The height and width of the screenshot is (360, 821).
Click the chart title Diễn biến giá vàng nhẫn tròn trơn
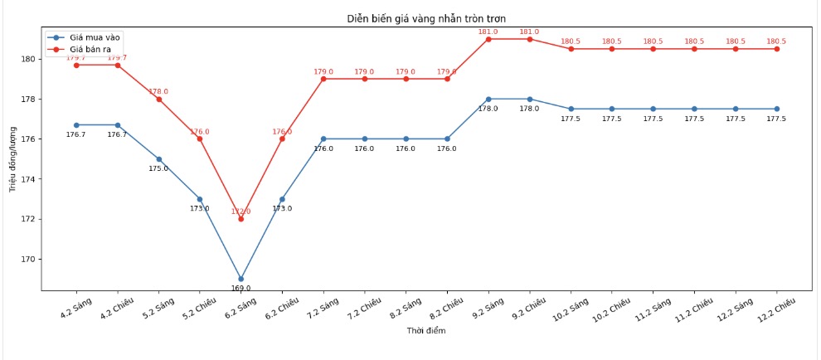[x=425, y=18]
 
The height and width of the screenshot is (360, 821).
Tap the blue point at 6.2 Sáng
[x=241, y=279]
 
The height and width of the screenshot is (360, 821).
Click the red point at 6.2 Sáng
[x=241, y=219]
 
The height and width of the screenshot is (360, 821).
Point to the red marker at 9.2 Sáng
[x=488, y=39]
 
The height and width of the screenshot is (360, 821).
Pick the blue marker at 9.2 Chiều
[x=530, y=99]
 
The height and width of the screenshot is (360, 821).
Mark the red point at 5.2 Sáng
[x=159, y=100]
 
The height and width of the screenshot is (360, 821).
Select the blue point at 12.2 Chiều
[x=777, y=109]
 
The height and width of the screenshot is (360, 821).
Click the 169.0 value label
[x=241, y=289]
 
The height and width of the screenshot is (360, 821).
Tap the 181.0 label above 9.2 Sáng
[x=488, y=32]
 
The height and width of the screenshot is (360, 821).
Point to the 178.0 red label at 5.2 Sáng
[x=158, y=91]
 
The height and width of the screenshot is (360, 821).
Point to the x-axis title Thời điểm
[x=426, y=331]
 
